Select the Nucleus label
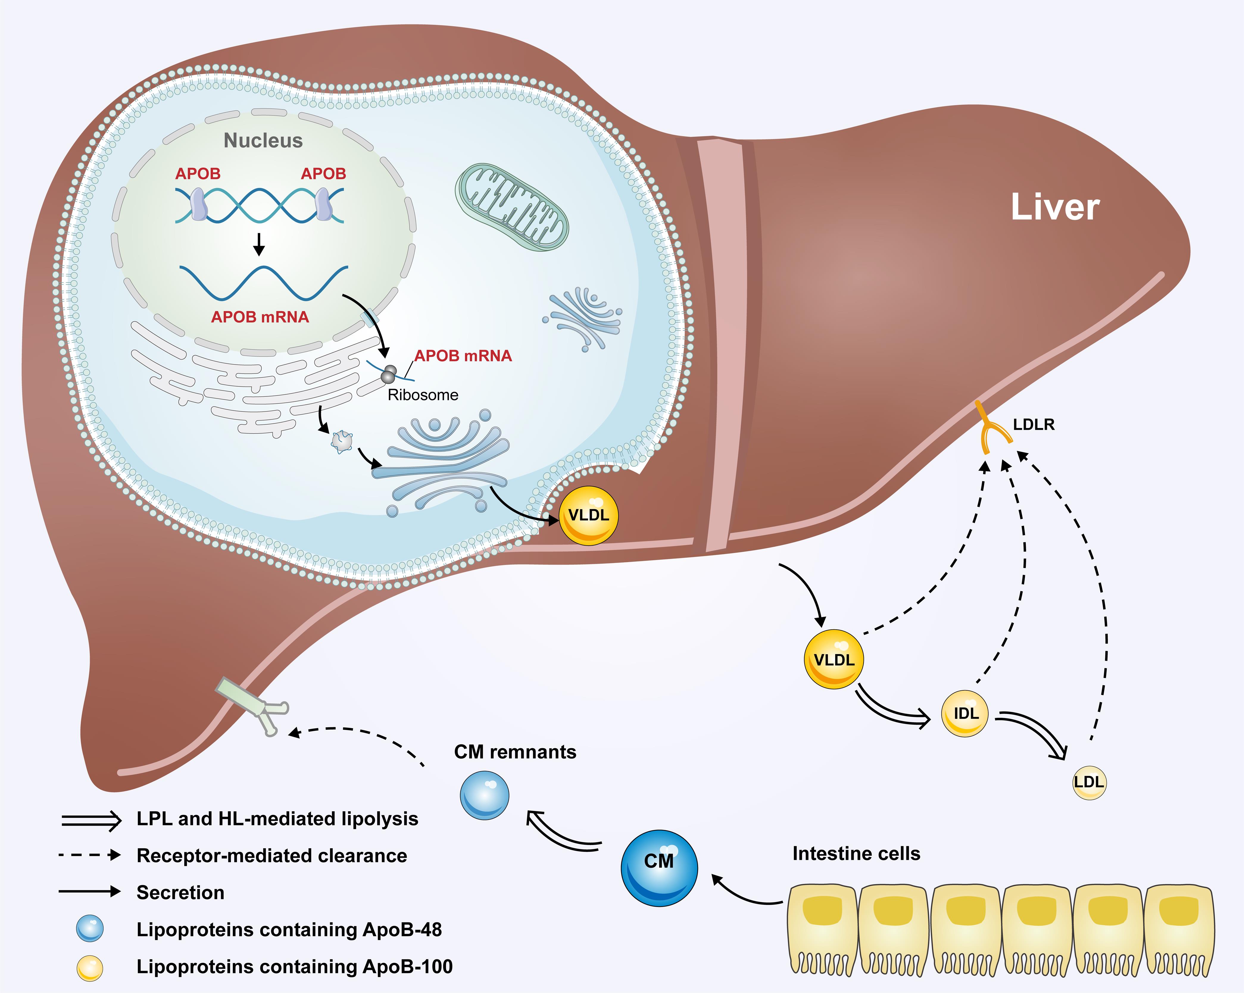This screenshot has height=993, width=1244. click(x=263, y=140)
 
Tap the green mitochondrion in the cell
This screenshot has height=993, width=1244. click(x=512, y=206)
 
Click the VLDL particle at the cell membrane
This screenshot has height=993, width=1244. click(x=589, y=515)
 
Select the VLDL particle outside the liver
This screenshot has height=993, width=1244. click(x=834, y=659)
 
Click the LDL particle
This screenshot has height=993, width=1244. click(x=1089, y=782)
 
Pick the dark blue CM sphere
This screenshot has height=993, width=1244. click(x=659, y=868)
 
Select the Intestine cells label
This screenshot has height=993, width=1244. click(x=856, y=853)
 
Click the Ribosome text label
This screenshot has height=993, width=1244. click(x=423, y=395)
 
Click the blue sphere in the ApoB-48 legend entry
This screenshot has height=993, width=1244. click(x=90, y=929)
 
